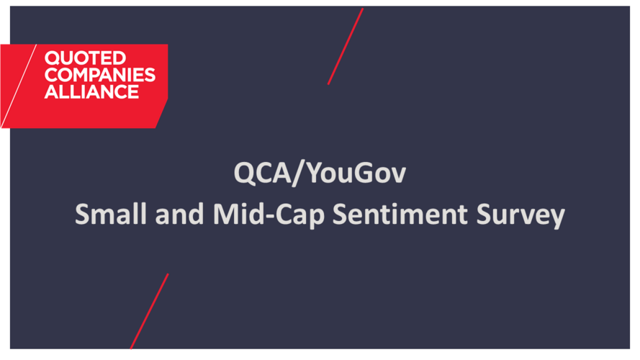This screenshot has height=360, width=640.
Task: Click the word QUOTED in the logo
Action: (85, 58)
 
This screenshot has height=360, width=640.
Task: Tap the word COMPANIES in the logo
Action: (100, 75)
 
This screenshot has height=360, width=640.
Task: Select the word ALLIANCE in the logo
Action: (91, 92)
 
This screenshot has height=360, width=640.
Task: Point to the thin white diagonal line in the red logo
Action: (19, 86)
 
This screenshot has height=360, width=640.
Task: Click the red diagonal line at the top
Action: (346, 46)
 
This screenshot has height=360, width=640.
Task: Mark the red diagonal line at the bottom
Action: (150, 312)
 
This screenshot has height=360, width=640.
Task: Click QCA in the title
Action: (263, 173)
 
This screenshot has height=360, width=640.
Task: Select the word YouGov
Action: (356, 173)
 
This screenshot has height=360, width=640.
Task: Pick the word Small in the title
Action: (111, 214)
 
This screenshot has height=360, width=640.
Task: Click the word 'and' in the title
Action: (179, 215)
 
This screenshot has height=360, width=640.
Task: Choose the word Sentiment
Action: (400, 215)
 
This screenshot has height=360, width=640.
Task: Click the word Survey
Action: (520, 215)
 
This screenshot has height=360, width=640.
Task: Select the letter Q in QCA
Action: (245, 174)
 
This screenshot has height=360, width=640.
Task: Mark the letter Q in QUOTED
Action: (52, 58)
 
